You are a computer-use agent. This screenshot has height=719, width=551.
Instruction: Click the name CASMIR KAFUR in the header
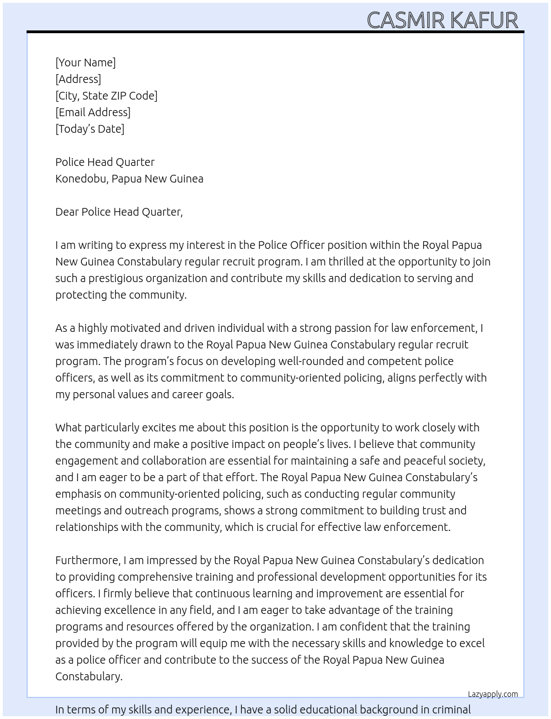pyautogui.click(x=442, y=20)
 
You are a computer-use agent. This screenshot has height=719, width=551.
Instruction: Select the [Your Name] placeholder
pyautogui.click(x=85, y=62)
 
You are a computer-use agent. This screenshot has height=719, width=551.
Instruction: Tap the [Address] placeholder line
pyautogui.click(x=78, y=79)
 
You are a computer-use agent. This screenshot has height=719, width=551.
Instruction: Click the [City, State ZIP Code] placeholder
pyautogui.click(x=106, y=96)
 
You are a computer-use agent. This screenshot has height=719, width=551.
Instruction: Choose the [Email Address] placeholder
pyautogui.click(x=93, y=112)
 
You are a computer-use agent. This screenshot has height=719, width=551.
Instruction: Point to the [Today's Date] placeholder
pyautogui.click(x=90, y=129)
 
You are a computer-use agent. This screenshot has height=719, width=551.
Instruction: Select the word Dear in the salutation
pyautogui.click(x=66, y=212)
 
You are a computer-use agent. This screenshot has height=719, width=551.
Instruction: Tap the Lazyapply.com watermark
pyautogui.click(x=492, y=694)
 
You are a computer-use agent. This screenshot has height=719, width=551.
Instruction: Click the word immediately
pyautogui.click(x=106, y=345)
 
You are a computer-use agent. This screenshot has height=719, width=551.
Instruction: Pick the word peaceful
pyautogui.click(x=410, y=461)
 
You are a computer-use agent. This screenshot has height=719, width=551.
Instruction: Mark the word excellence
pyautogui.click(x=131, y=610)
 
